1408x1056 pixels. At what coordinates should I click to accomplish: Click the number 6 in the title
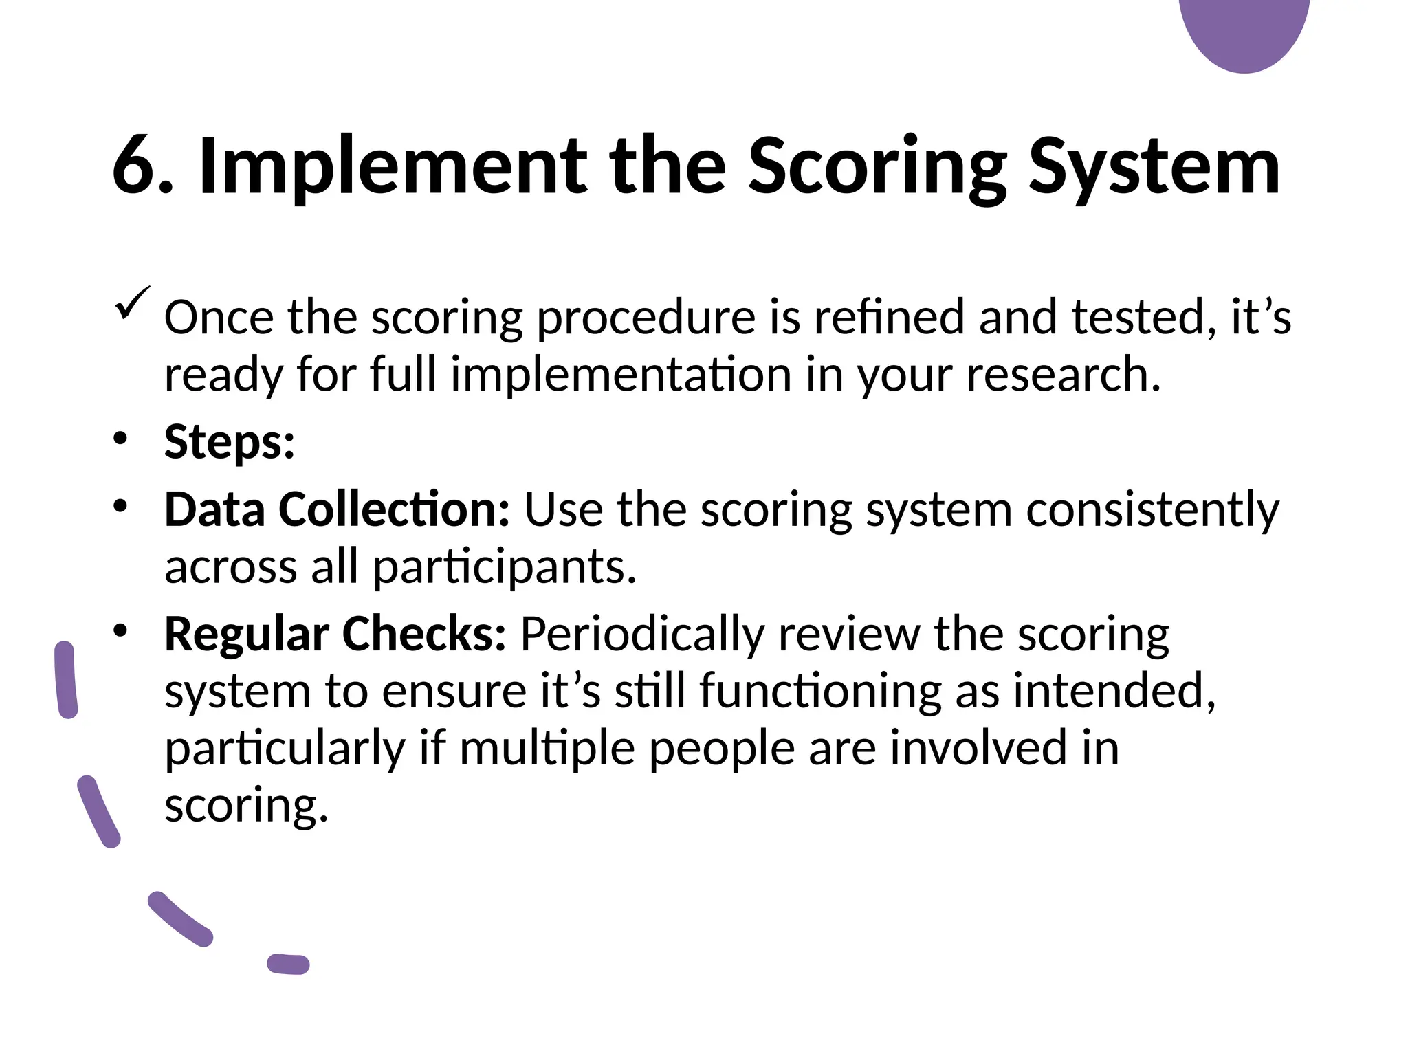(x=135, y=167)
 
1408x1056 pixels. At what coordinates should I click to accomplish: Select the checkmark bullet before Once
(x=132, y=304)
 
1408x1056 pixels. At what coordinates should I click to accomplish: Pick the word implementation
(x=621, y=375)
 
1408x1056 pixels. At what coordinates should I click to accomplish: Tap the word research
(x=1063, y=375)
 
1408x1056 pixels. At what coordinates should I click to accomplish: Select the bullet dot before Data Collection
(x=121, y=507)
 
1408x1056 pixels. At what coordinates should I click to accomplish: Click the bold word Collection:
(x=394, y=509)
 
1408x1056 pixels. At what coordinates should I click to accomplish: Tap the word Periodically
(x=642, y=635)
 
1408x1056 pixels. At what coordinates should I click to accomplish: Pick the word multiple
(x=547, y=748)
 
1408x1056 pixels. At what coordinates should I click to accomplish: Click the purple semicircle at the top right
(x=1244, y=31)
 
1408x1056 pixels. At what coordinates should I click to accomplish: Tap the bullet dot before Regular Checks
(x=121, y=630)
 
